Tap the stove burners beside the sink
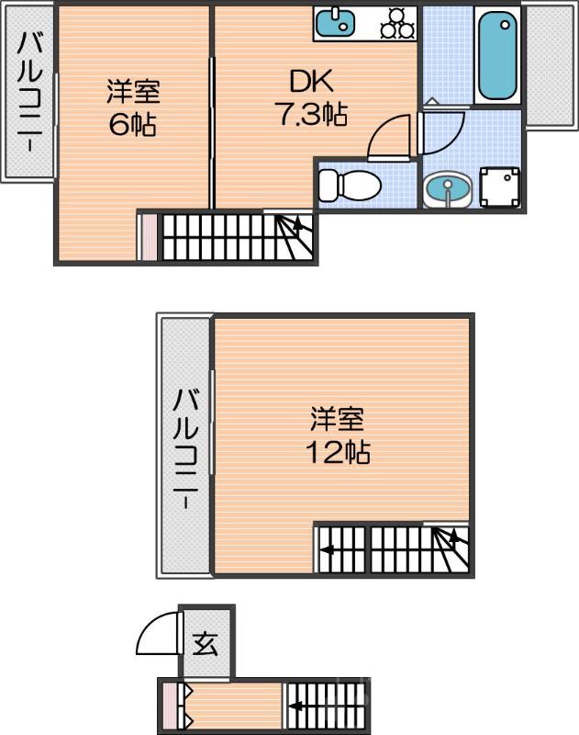397,23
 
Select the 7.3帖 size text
310,115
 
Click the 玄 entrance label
206,644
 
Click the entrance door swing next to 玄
158,634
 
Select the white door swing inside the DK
388,138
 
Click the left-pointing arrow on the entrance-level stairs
297,707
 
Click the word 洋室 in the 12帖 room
337,420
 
